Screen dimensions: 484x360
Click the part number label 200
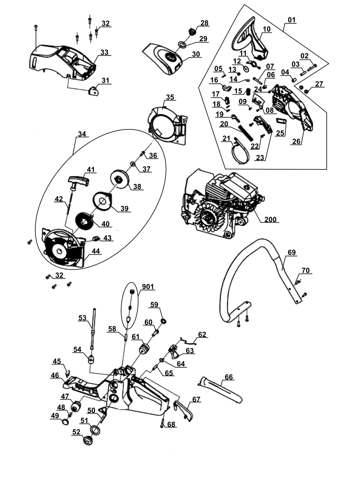(271, 219)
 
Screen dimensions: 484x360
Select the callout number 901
(148, 286)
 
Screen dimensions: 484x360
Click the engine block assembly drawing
(219, 202)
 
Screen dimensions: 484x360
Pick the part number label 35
(170, 97)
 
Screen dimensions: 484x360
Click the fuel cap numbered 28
(192, 32)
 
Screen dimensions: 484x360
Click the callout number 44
(96, 251)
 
